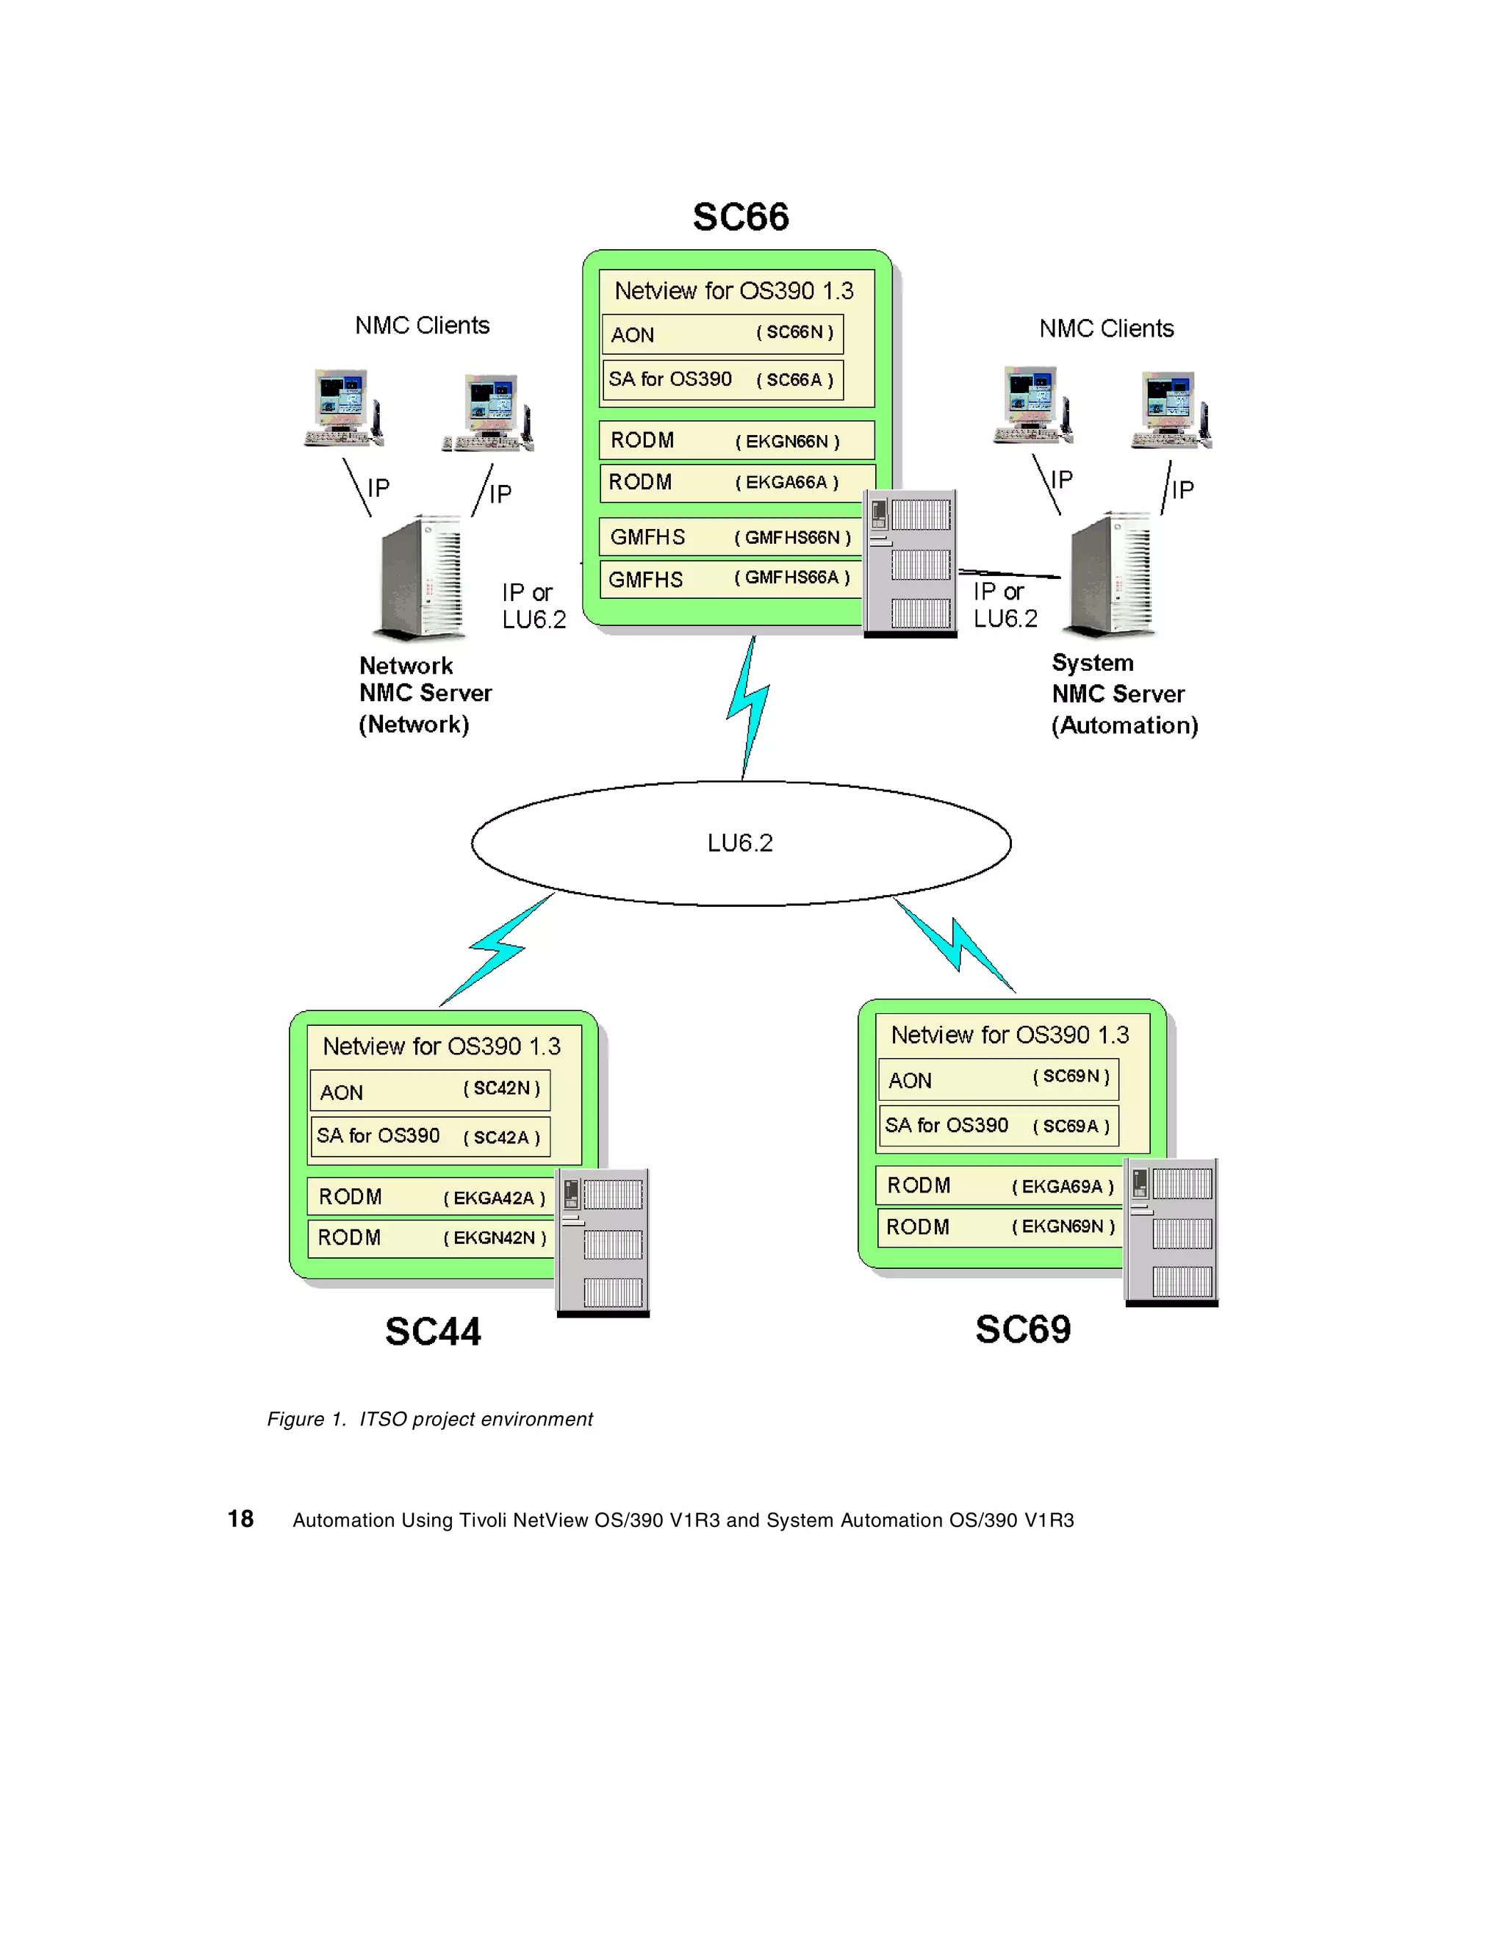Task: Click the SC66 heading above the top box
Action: point(741,217)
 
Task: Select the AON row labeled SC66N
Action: point(722,334)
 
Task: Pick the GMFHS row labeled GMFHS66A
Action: point(730,579)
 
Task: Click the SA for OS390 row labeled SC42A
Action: point(430,1136)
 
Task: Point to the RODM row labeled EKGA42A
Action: point(431,1197)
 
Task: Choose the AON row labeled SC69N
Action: point(997,1080)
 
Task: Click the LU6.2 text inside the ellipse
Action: point(739,843)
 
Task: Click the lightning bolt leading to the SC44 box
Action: point(497,949)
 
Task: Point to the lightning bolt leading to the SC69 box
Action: point(956,946)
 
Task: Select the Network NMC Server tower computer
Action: point(421,577)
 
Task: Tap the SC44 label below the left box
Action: point(433,1331)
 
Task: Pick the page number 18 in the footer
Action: point(240,1519)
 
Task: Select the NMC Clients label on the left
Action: point(422,326)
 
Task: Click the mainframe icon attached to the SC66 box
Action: point(910,563)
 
